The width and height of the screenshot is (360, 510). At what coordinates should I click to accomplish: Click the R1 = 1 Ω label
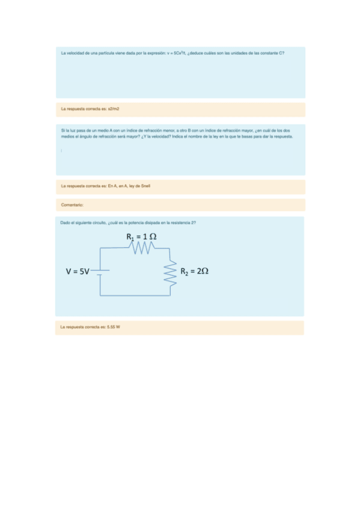tap(142, 237)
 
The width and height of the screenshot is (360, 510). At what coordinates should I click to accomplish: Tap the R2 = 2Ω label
tap(194, 271)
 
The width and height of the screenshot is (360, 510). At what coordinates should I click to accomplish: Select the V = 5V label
tap(78, 271)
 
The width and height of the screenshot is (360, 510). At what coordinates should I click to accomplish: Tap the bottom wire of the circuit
tap(136, 295)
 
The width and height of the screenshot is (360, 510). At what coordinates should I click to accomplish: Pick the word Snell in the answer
tap(145, 186)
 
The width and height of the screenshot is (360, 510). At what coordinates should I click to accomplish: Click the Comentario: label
tap(72, 205)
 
